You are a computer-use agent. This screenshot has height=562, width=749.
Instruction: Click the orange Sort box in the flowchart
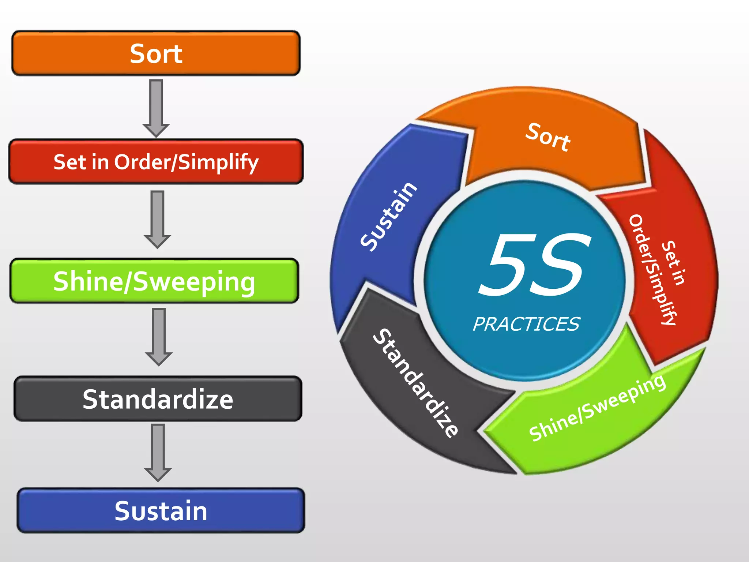(x=156, y=53)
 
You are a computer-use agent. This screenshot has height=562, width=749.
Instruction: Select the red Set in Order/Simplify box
(x=156, y=162)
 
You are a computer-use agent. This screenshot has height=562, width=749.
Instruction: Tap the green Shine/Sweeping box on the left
(x=154, y=281)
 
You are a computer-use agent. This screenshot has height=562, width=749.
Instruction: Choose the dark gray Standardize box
(x=158, y=399)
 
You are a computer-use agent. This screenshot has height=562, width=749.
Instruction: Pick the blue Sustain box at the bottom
(x=161, y=510)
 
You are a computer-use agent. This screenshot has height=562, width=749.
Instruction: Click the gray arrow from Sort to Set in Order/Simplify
(x=156, y=108)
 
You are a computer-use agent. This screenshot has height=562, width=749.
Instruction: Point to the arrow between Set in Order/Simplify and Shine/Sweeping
(x=157, y=219)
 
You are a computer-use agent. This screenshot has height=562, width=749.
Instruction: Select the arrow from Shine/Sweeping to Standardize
(x=159, y=336)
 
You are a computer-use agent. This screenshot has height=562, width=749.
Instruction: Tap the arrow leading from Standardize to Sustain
(x=158, y=452)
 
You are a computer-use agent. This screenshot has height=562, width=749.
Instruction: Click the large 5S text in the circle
(x=534, y=265)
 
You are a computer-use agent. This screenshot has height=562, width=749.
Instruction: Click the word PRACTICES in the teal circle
(x=526, y=324)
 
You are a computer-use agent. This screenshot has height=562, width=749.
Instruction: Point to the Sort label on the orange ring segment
(x=547, y=138)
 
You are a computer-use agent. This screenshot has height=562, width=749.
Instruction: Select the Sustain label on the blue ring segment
(x=388, y=217)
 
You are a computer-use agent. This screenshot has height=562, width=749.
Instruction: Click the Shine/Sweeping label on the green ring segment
(x=597, y=408)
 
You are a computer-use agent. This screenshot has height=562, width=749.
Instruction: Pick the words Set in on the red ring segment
(x=673, y=262)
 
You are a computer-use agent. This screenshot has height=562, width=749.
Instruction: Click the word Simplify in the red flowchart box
(x=218, y=162)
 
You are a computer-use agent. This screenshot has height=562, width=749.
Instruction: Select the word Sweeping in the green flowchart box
(x=194, y=282)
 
